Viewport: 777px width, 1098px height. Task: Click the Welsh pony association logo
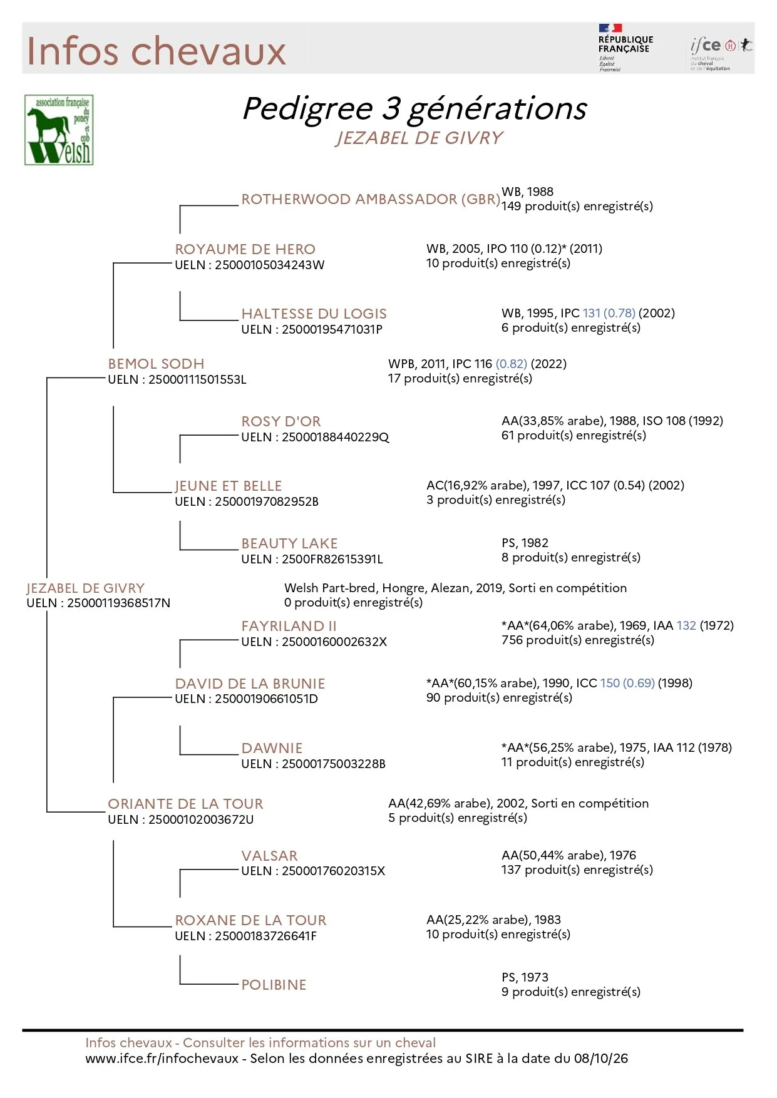pos(59,130)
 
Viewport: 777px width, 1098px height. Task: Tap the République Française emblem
pos(625,48)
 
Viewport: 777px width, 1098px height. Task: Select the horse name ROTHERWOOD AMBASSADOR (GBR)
pos(371,199)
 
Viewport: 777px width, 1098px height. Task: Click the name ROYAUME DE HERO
pos(245,249)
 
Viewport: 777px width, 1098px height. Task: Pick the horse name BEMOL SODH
pos(157,364)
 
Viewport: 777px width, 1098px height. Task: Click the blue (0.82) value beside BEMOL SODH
pos(512,364)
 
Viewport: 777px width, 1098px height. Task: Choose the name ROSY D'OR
pos(281,421)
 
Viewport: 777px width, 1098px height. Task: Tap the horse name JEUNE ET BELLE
pos(229,486)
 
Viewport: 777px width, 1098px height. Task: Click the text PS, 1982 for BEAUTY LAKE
pos(525,543)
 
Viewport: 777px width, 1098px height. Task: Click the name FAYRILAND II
pos(289,626)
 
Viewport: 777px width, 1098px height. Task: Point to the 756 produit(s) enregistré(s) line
pos(578,640)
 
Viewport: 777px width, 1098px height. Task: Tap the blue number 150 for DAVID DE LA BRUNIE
pos(610,683)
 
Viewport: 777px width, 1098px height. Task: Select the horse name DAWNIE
pos(272,748)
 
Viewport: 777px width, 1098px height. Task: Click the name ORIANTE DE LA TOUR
pos(186,804)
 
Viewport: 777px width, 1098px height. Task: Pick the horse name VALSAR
pos(270,856)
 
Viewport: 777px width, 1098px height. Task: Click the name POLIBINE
pos(274,985)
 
